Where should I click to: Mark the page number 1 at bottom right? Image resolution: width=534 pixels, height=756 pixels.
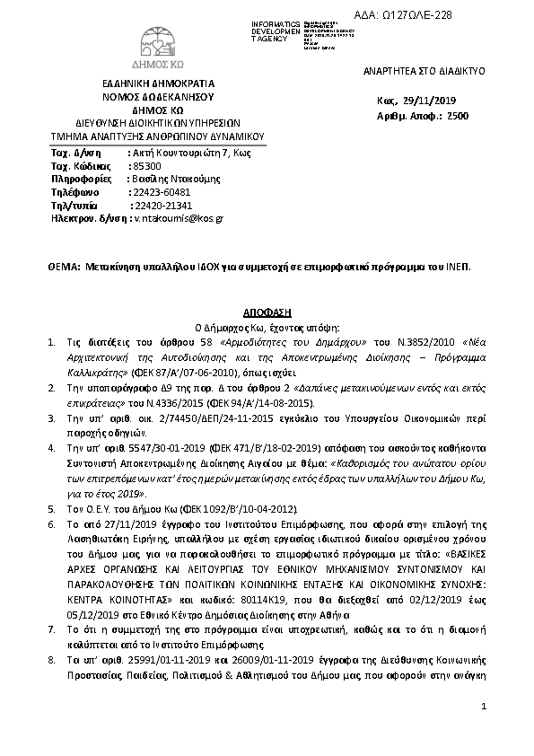483,708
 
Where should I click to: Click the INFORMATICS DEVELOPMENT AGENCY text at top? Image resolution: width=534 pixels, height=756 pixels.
276,30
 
